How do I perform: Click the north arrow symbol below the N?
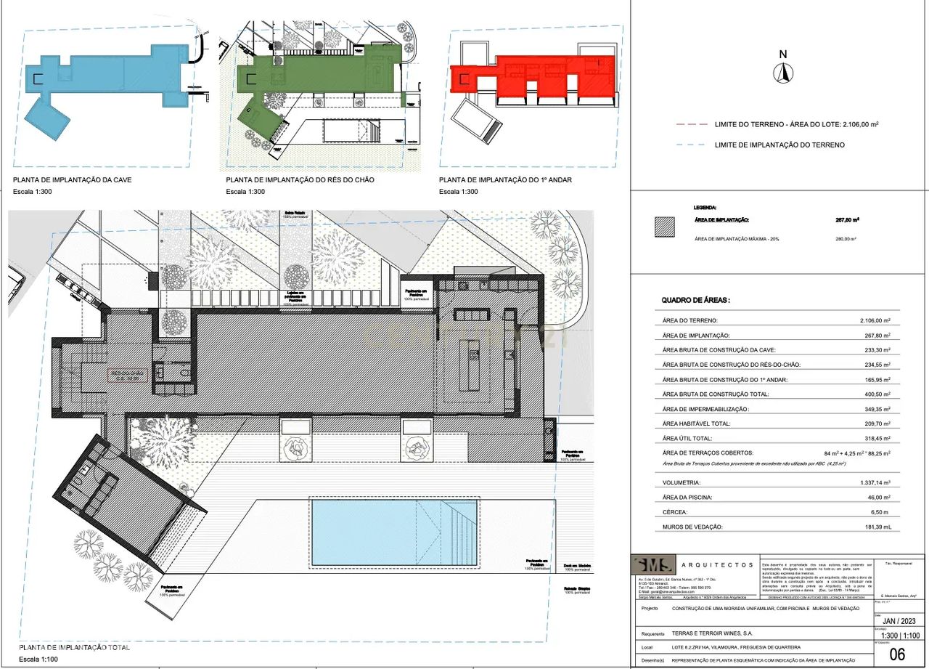[x=782, y=73]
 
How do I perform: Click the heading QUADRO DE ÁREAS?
[x=695, y=300]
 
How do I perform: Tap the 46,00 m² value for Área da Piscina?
[x=875, y=498]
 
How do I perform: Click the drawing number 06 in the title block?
[x=897, y=654]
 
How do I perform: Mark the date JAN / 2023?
[x=896, y=621]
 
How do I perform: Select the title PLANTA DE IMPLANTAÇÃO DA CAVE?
[x=73, y=179]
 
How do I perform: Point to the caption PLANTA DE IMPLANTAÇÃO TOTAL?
[x=74, y=647]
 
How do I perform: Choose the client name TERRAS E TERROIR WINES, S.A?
[x=717, y=633]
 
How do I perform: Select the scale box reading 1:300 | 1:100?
[x=896, y=635]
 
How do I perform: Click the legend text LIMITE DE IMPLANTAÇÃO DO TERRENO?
[x=779, y=145]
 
